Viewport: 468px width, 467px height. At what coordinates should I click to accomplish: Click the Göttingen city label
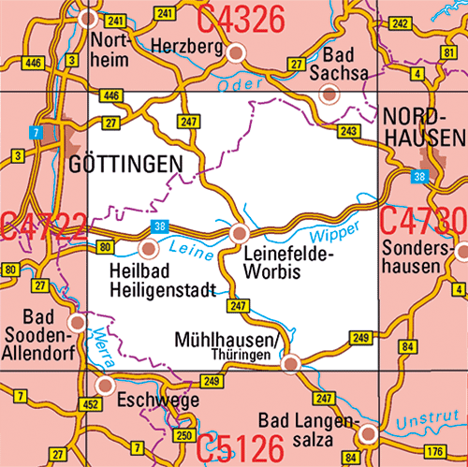tap(125, 165)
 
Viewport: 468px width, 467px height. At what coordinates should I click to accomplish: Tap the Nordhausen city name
tap(424, 127)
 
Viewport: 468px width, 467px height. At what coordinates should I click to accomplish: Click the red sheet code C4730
tap(424, 223)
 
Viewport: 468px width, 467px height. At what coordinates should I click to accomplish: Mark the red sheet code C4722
tap(43, 226)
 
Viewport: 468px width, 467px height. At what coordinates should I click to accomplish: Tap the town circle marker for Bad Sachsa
tap(329, 94)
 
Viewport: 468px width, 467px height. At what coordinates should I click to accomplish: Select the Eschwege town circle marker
tap(106, 385)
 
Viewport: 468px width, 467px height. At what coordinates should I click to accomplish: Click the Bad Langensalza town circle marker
tap(369, 433)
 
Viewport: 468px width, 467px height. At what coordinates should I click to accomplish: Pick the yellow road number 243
tap(349, 130)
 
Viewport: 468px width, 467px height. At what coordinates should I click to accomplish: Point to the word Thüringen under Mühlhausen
tap(248, 357)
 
